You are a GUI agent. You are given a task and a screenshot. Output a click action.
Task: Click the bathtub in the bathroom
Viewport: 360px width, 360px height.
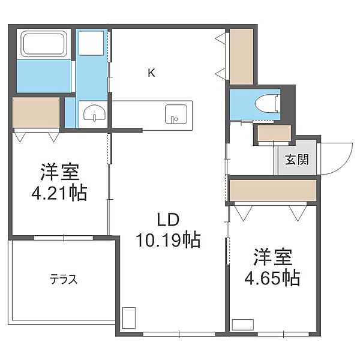44,44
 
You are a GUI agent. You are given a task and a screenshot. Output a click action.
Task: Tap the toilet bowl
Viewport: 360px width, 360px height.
267,104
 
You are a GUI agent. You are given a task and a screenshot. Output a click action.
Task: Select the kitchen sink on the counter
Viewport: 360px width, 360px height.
176,114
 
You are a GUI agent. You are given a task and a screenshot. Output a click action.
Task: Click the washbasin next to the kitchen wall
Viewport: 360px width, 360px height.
95,113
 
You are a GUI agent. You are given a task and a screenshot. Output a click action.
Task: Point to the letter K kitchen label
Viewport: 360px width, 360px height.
151,73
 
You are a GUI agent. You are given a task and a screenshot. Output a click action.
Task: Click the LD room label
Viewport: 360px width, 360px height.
168,220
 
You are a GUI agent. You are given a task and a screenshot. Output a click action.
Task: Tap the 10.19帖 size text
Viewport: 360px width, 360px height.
168,240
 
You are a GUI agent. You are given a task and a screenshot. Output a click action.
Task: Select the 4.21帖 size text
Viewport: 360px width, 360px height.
59,193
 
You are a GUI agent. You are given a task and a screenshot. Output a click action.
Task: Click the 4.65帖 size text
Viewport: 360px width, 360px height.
272,278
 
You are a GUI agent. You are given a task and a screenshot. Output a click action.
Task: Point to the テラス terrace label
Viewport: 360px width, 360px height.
64,280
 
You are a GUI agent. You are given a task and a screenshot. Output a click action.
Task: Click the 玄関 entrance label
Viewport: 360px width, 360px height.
297,159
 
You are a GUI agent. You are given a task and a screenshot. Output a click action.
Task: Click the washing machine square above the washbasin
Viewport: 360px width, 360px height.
91,43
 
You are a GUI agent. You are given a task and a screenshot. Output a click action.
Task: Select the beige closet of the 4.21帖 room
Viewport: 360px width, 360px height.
36,113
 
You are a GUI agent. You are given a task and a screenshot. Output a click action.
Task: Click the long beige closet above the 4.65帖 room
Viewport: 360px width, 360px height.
273,190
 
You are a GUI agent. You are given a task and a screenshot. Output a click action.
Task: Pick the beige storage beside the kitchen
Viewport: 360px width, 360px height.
242,56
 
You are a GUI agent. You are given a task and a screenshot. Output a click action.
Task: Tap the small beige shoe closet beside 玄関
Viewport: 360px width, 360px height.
274,133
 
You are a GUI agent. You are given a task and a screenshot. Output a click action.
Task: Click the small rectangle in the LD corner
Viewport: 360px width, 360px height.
129,318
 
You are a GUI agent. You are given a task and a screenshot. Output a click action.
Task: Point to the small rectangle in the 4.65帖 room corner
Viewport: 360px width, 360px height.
242,325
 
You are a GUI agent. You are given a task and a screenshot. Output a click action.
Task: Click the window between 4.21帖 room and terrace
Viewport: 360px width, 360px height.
64,238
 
